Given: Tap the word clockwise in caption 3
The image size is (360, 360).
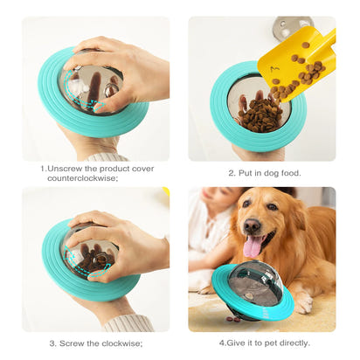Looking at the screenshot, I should (121, 343).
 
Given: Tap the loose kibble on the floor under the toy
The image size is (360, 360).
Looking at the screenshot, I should (234, 320).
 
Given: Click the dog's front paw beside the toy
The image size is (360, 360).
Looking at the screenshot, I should (302, 301).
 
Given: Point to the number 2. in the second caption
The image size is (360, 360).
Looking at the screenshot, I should (232, 172).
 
